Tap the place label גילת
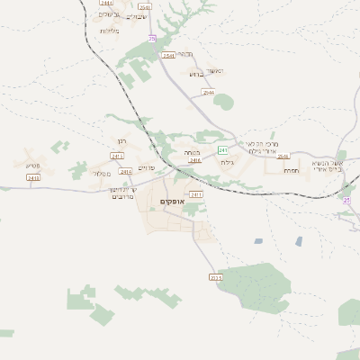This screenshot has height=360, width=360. click(227, 162)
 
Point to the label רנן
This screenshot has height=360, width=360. click(122, 141)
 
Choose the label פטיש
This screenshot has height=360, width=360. click(32, 164)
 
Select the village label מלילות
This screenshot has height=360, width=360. click(110, 31)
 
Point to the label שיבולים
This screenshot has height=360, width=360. click(137, 16)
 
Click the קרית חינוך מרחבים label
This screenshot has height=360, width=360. click(123, 193)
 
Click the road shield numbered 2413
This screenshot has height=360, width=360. click(33, 178)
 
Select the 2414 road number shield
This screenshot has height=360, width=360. click(124, 171)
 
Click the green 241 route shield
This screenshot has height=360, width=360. click(221, 149)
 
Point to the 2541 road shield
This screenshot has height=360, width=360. click(168, 56)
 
